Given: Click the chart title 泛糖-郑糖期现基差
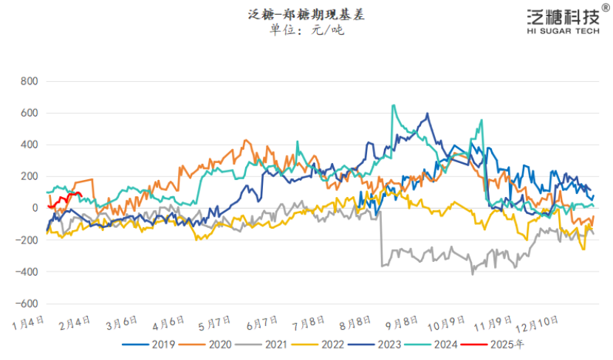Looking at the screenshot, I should (306, 14).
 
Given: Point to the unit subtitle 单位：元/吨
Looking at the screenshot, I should (306, 30).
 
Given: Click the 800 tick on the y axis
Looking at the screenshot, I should (29, 81).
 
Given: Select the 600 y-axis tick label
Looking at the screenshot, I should (29, 113).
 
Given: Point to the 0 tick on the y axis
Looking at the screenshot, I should (34, 208).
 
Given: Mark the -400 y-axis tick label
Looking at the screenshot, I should (27, 271).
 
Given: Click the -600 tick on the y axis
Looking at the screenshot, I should (27, 303).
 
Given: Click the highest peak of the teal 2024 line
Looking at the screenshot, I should (393, 105).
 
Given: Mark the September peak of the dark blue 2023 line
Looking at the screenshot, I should (428, 114).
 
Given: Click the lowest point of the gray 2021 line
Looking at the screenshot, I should (473, 274).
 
